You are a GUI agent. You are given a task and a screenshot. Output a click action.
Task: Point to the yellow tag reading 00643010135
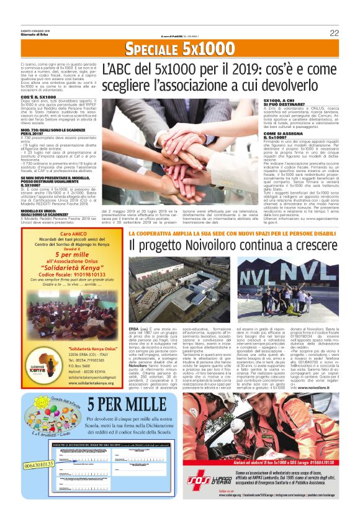pyautogui.click(x=38, y=464)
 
